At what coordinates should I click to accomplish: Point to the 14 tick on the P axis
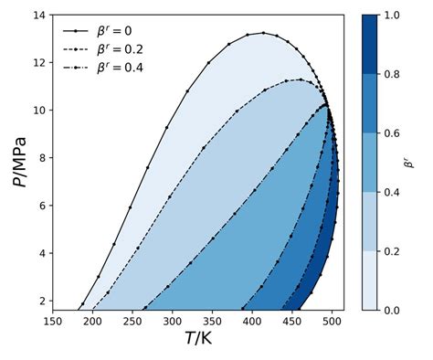[41, 16]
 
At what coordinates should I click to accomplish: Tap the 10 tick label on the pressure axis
[41, 111]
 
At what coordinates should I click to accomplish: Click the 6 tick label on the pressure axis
[44, 206]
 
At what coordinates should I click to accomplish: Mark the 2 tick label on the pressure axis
[44, 301]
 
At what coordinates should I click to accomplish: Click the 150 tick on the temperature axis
[53, 321]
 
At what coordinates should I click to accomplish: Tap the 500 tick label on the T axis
[332, 321]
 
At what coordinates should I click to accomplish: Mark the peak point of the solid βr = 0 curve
[263, 33]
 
